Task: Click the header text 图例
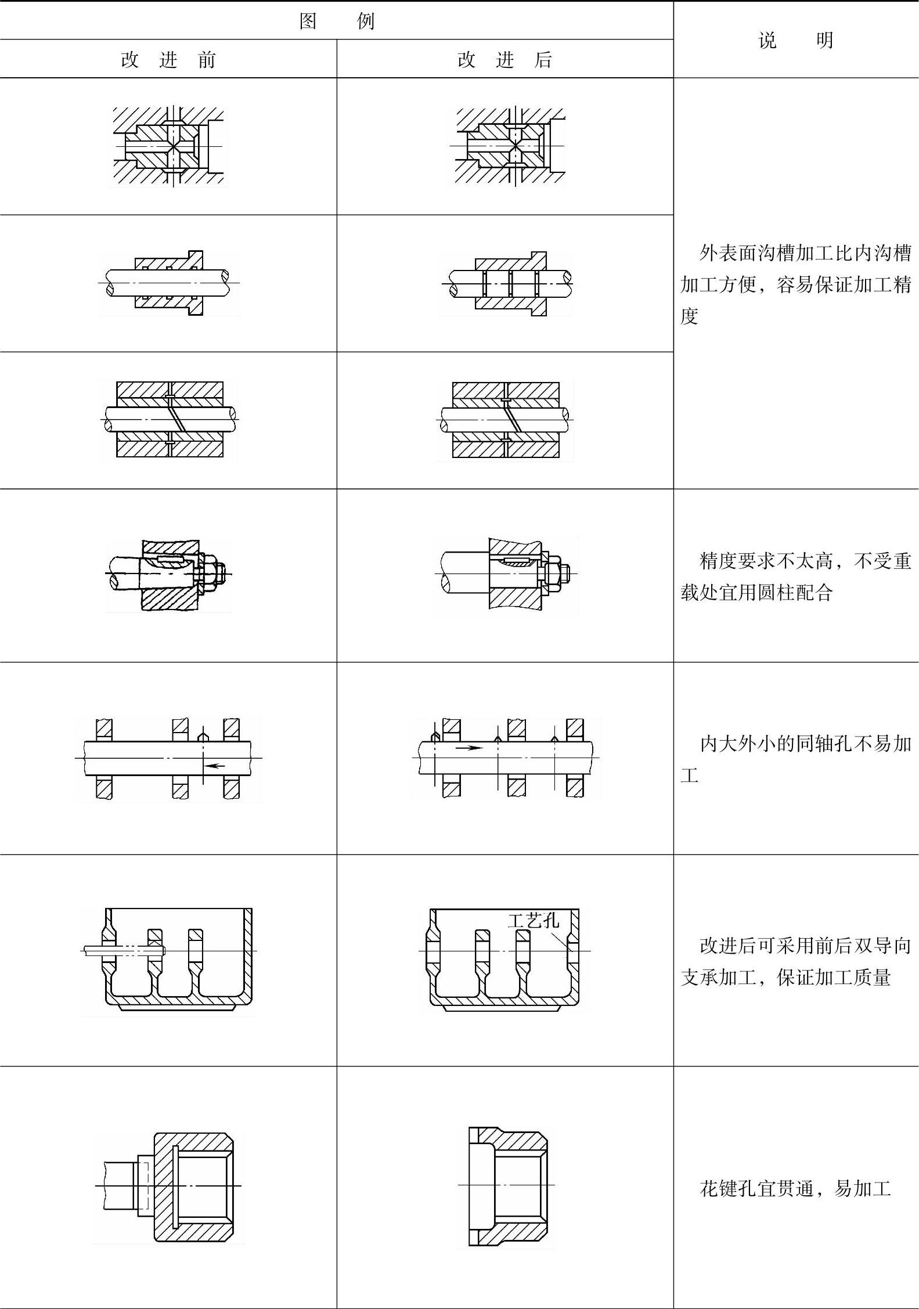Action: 337,21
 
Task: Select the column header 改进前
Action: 168,60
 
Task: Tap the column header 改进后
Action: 504,60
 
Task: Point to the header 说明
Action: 795,40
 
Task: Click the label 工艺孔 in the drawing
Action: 533,920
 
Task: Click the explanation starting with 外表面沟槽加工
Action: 795,284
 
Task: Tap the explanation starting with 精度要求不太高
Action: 795,576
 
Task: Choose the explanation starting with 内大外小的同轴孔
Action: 795,759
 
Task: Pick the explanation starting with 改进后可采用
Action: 795,962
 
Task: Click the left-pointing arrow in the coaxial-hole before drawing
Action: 215,766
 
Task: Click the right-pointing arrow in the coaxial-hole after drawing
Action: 469,748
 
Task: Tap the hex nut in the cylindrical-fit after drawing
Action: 552,574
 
